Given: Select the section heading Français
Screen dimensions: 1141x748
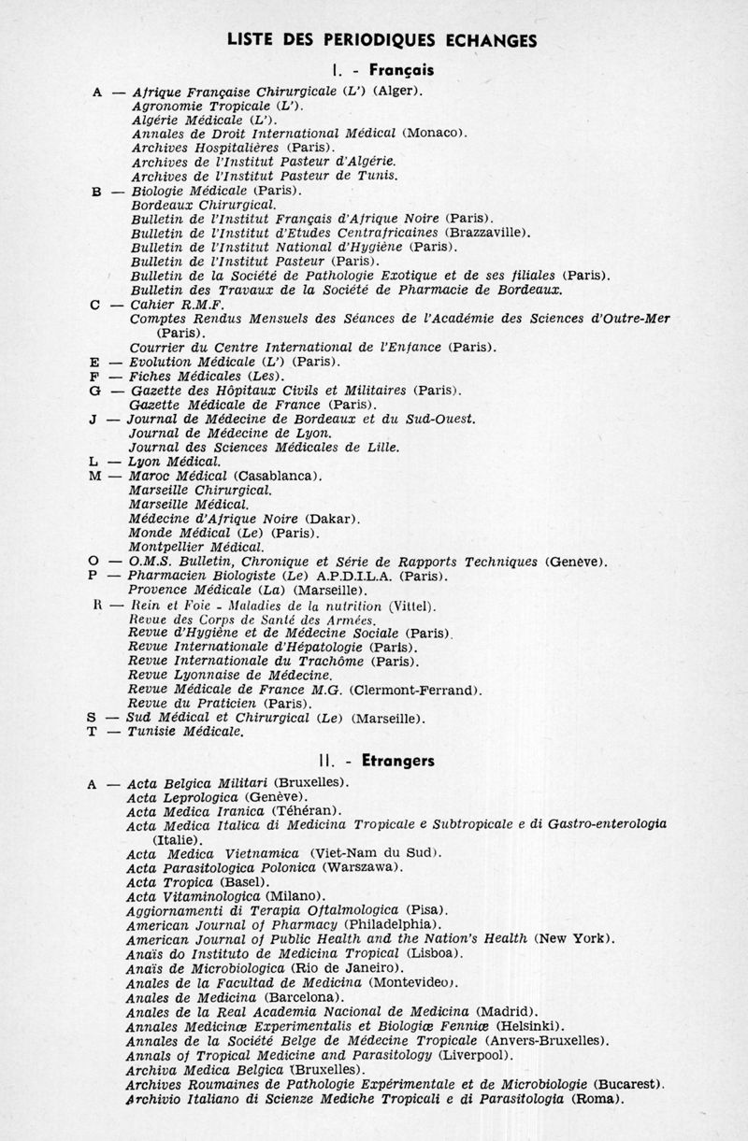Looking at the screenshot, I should click(401, 69).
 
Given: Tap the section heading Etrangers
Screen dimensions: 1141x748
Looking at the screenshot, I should click(401, 761).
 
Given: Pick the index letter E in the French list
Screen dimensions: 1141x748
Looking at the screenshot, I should click(95, 361).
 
